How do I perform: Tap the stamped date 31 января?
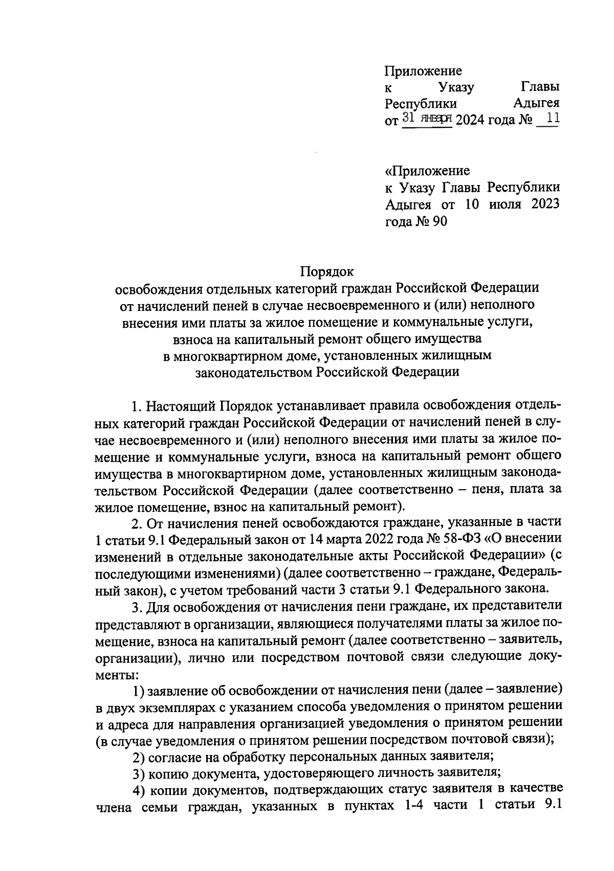(x=427, y=119)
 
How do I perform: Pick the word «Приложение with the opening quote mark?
(x=427, y=170)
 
